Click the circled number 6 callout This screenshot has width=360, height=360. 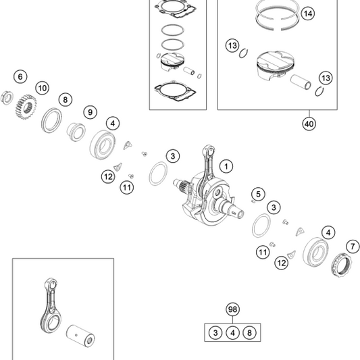pyautogui.click(x=20, y=76)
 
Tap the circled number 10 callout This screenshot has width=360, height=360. pyautogui.click(x=42, y=88)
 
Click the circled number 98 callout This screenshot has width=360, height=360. pyautogui.click(x=233, y=310)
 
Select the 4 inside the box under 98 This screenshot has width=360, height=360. pyautogui.click(x=232, y=332)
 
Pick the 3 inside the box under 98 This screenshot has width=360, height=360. pyautogui.click(x=215, y=332)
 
